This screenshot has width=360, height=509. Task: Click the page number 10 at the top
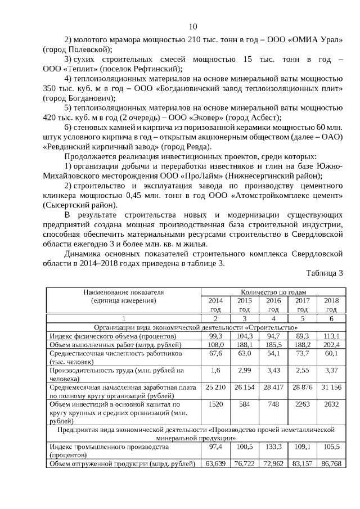point(193,26)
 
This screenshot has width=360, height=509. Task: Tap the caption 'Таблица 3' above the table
point(324,274)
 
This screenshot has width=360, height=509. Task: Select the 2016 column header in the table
point(273,304)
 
